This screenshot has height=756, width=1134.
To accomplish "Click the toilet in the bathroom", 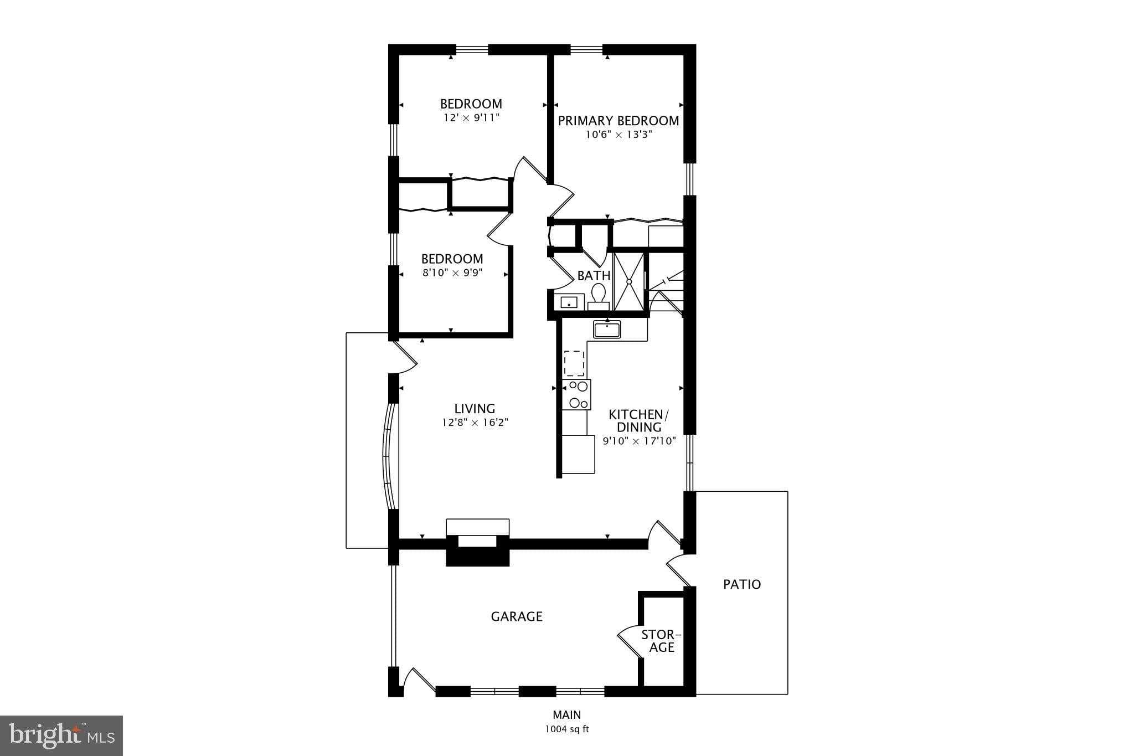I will (x=598, y=295).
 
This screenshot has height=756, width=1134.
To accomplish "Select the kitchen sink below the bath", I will (x=607, y=330).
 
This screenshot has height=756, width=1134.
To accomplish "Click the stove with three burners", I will (x=576, y=394).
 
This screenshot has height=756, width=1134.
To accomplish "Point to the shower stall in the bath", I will (x=630, y=281).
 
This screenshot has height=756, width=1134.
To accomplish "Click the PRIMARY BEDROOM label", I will (x=618, y=121).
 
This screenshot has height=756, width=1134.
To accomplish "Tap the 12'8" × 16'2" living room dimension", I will (x=475, y=423).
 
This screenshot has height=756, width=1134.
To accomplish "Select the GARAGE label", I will (x=516, y=616).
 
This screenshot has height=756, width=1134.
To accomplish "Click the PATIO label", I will (x=742, y=584).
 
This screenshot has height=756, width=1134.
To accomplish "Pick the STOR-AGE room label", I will (x=661, y=641).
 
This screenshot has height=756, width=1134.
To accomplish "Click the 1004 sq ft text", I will (x=566, y=729).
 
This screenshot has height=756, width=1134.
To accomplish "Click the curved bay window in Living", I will (x=390, y=456).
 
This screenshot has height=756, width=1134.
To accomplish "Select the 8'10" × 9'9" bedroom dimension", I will (x=452, y=273).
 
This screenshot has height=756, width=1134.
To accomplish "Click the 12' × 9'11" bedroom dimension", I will (x=471, y=118).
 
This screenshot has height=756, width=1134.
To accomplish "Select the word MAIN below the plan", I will (x=566, y=715).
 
